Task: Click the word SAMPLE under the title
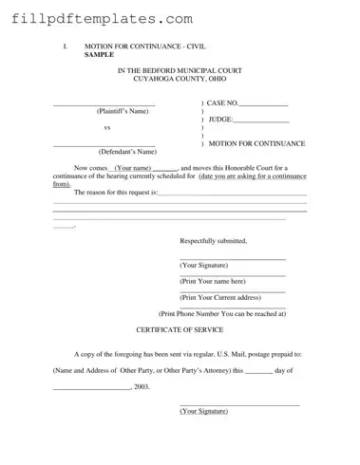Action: tap(101, 54)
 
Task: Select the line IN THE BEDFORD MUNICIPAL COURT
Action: tap(180, 70)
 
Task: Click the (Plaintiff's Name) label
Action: tap(123, 111)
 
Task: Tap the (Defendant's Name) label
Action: tap(127, 151)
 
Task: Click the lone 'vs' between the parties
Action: tap(106, 127)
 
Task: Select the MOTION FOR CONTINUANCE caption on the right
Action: tap(256, 142)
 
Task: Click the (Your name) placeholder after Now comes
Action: tap(133, 167)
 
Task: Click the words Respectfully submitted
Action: tap(214, 241)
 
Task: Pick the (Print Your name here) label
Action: tap(213, 281)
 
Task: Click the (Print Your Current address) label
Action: tap(219, 297)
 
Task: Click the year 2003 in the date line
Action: tap(142, 386)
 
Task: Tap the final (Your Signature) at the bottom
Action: tap(205, 411)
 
